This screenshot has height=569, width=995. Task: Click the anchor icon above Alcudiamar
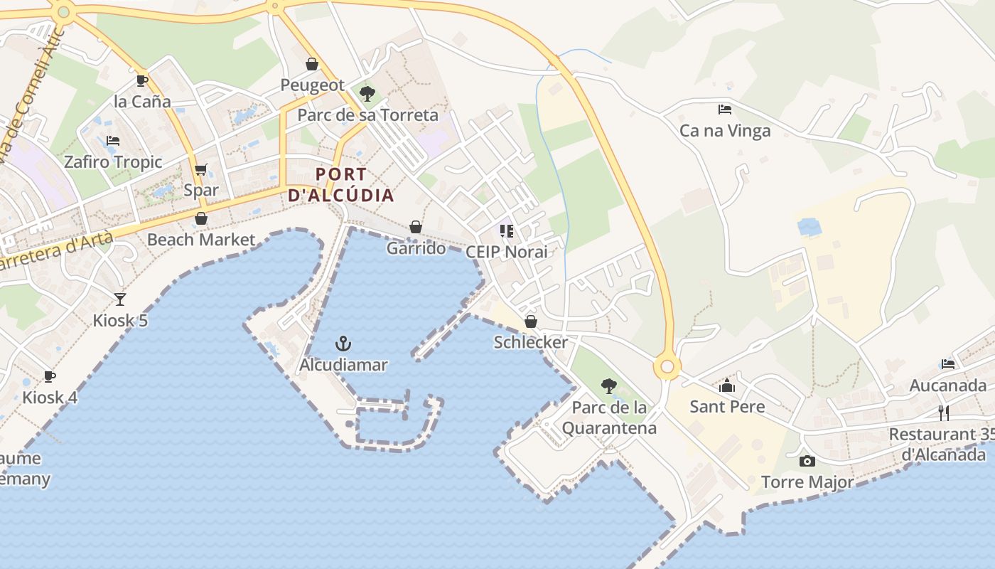pyautogui.click(x=343, y=344)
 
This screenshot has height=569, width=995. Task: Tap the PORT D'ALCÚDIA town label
pyautogui.click(x=341, y=185)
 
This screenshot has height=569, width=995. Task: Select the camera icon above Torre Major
pyautogui.click(x=807, y=462)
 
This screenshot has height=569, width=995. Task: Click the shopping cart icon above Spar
pyautogui.click(x=201, y=169)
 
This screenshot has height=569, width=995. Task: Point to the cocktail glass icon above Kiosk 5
pyautogui.click(x=120, y=299)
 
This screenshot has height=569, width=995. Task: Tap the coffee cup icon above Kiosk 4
pyautogui.click(x=49, y=376)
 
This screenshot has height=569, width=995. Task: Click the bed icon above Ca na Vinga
pyautogui.click(x=725, y=110)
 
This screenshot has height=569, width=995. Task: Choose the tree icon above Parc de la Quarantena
pyautogui.click(x=608, y=386)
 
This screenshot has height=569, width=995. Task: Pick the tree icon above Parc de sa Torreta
pyautogui.click(x=367, y=93)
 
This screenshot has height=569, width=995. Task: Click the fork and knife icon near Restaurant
pyautogui.click(x=944, y=413)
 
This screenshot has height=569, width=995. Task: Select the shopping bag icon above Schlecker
pyautogui.click(x=531, y=321)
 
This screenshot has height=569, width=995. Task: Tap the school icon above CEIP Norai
pyautogui.click(x=507, y=230)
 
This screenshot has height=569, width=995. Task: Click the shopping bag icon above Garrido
pyautogui.click(x=416, y=227)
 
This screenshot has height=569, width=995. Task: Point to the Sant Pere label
pyautogui.click(x=727, y=407)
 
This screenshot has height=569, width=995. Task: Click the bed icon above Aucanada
pyautogui.click(x=948, y=364)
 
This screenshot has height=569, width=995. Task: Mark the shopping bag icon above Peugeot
pyautogui.click(x=312, y=64)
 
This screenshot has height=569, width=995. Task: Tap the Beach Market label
pyautogui.click(x=201, y=240)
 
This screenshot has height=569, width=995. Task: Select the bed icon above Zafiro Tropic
pyautogui.click(x=112, y=141)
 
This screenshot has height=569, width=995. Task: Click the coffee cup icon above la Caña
pyautogui.click(x=142, y=80)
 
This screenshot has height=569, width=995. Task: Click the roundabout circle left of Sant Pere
pyautogui.click(x=667, y=367)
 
